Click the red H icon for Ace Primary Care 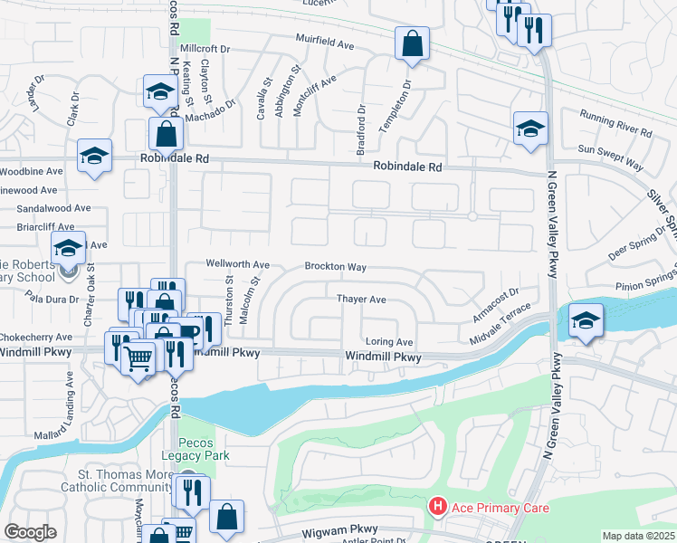coord(438,507)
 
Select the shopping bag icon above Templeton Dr coord(412,43)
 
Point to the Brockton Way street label coord(335,267)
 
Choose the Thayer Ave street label coord(361,299)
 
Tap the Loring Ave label coord(388,342)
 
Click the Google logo coord(30,532)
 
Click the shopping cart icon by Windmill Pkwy coord(138,359)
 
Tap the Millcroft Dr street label coord(206,48)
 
